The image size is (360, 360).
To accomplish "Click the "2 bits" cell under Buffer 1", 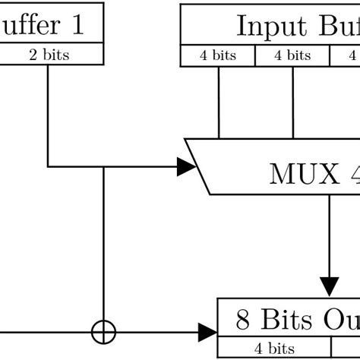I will (x=49, y=55).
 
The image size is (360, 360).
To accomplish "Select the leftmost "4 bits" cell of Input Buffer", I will (x=218, y=55).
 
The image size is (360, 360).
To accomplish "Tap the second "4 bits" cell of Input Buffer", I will (x=292, y=55).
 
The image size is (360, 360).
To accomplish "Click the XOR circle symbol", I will (x=103, y=332).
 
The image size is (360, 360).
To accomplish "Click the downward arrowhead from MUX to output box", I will (x=329, y=286).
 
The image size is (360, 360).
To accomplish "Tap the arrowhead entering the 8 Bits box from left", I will (x=207, y=332).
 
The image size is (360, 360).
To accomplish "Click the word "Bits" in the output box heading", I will (x=285, y=320).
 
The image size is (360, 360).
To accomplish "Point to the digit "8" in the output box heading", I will (x=243, y=320).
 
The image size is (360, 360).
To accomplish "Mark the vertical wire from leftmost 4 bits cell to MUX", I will (x=219, y=103).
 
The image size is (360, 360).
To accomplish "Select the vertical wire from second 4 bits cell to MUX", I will (x=293, y=103).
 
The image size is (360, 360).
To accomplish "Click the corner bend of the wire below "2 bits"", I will (x=49, y=166).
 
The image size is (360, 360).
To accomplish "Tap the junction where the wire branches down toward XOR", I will (x=103, y=166).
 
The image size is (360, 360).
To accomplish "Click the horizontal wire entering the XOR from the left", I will (x=46, y=332).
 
